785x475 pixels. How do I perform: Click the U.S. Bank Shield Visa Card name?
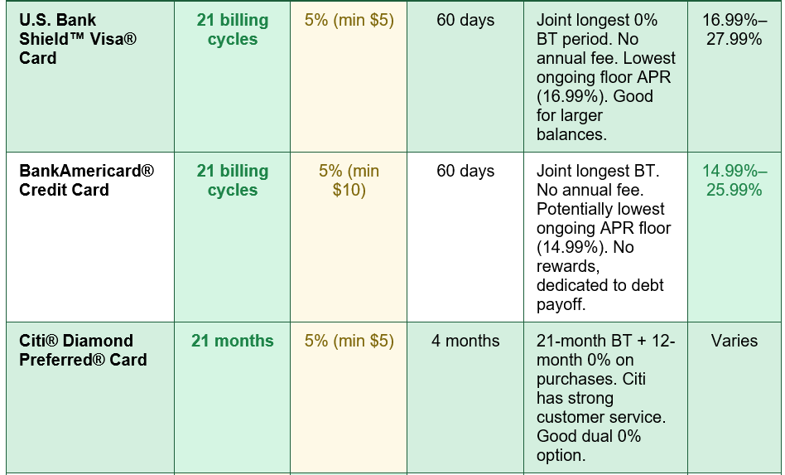(78, 39)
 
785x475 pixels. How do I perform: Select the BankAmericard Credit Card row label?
(87, 181)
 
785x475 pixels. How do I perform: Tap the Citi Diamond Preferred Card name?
(83, 350)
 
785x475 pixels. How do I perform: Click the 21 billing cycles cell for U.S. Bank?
(233, 30)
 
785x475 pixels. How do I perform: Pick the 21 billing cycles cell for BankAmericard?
(233, 181)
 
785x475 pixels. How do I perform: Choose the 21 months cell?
(233, 341)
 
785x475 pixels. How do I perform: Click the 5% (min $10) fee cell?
(349, 181)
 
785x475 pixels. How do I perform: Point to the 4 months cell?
(465, 341)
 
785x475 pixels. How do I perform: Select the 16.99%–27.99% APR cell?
(734, 30)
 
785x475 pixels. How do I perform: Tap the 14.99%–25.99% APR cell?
(734, 181)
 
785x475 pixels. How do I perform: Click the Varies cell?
(734, 341)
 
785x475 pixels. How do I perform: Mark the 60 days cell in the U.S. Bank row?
(465, 20)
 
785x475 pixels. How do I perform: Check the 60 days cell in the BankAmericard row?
(465, 171)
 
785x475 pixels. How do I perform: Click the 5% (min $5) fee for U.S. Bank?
(349, 20)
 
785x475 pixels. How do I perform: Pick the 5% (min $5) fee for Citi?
(349, 341)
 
